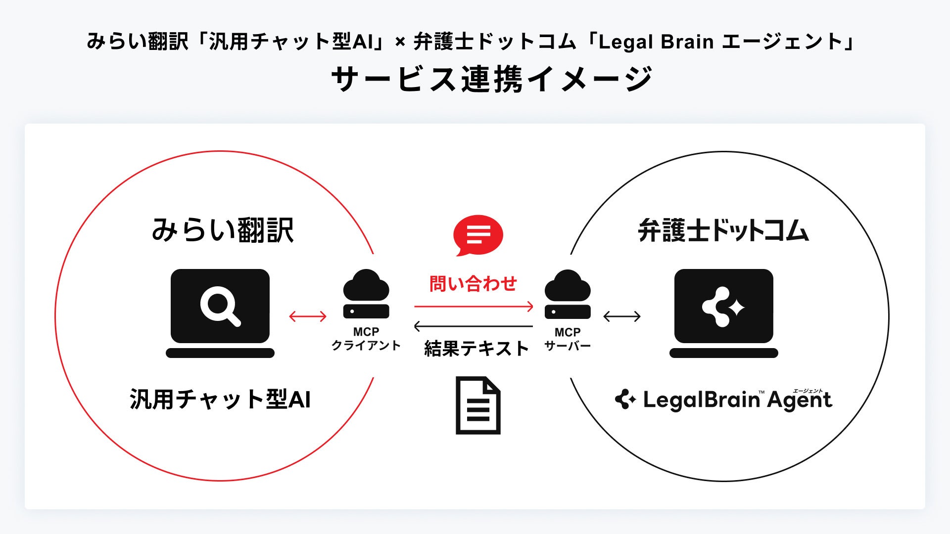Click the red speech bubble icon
point(478,235)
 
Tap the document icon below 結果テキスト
point(478,405)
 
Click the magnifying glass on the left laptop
point(220,307)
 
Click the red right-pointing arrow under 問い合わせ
point(474,307)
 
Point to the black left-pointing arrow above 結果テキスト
point(474,326)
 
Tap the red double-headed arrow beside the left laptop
point(308,316)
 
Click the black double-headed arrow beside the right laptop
point(622,316)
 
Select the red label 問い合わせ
point(473,284)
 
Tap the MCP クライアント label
point(366,339)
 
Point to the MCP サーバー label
point(568,339)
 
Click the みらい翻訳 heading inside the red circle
point(223,230)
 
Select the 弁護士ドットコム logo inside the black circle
point(723,231)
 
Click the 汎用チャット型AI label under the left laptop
point(220,400)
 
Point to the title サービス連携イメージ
point(492,79)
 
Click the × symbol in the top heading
point(400,43)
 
